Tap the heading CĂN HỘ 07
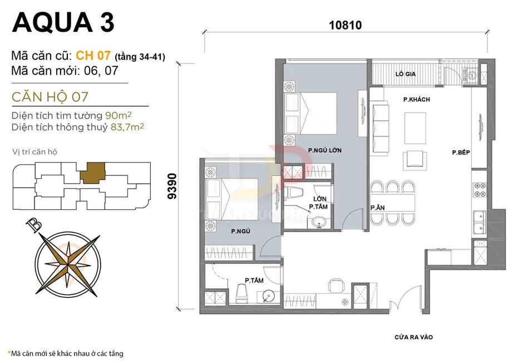click(x=50, y=96)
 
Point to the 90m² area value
click(x=119, y=116)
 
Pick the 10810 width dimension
click(x=345, y=25)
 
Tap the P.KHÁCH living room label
click(x=417, y=100)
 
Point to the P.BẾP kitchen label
click(x=461, y=152)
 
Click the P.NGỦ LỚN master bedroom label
click(x=324, y=150)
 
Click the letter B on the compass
click(x=35, y=225)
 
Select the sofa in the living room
click(x=381, y=118)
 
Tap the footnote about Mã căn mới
click(x=65, y=354)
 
